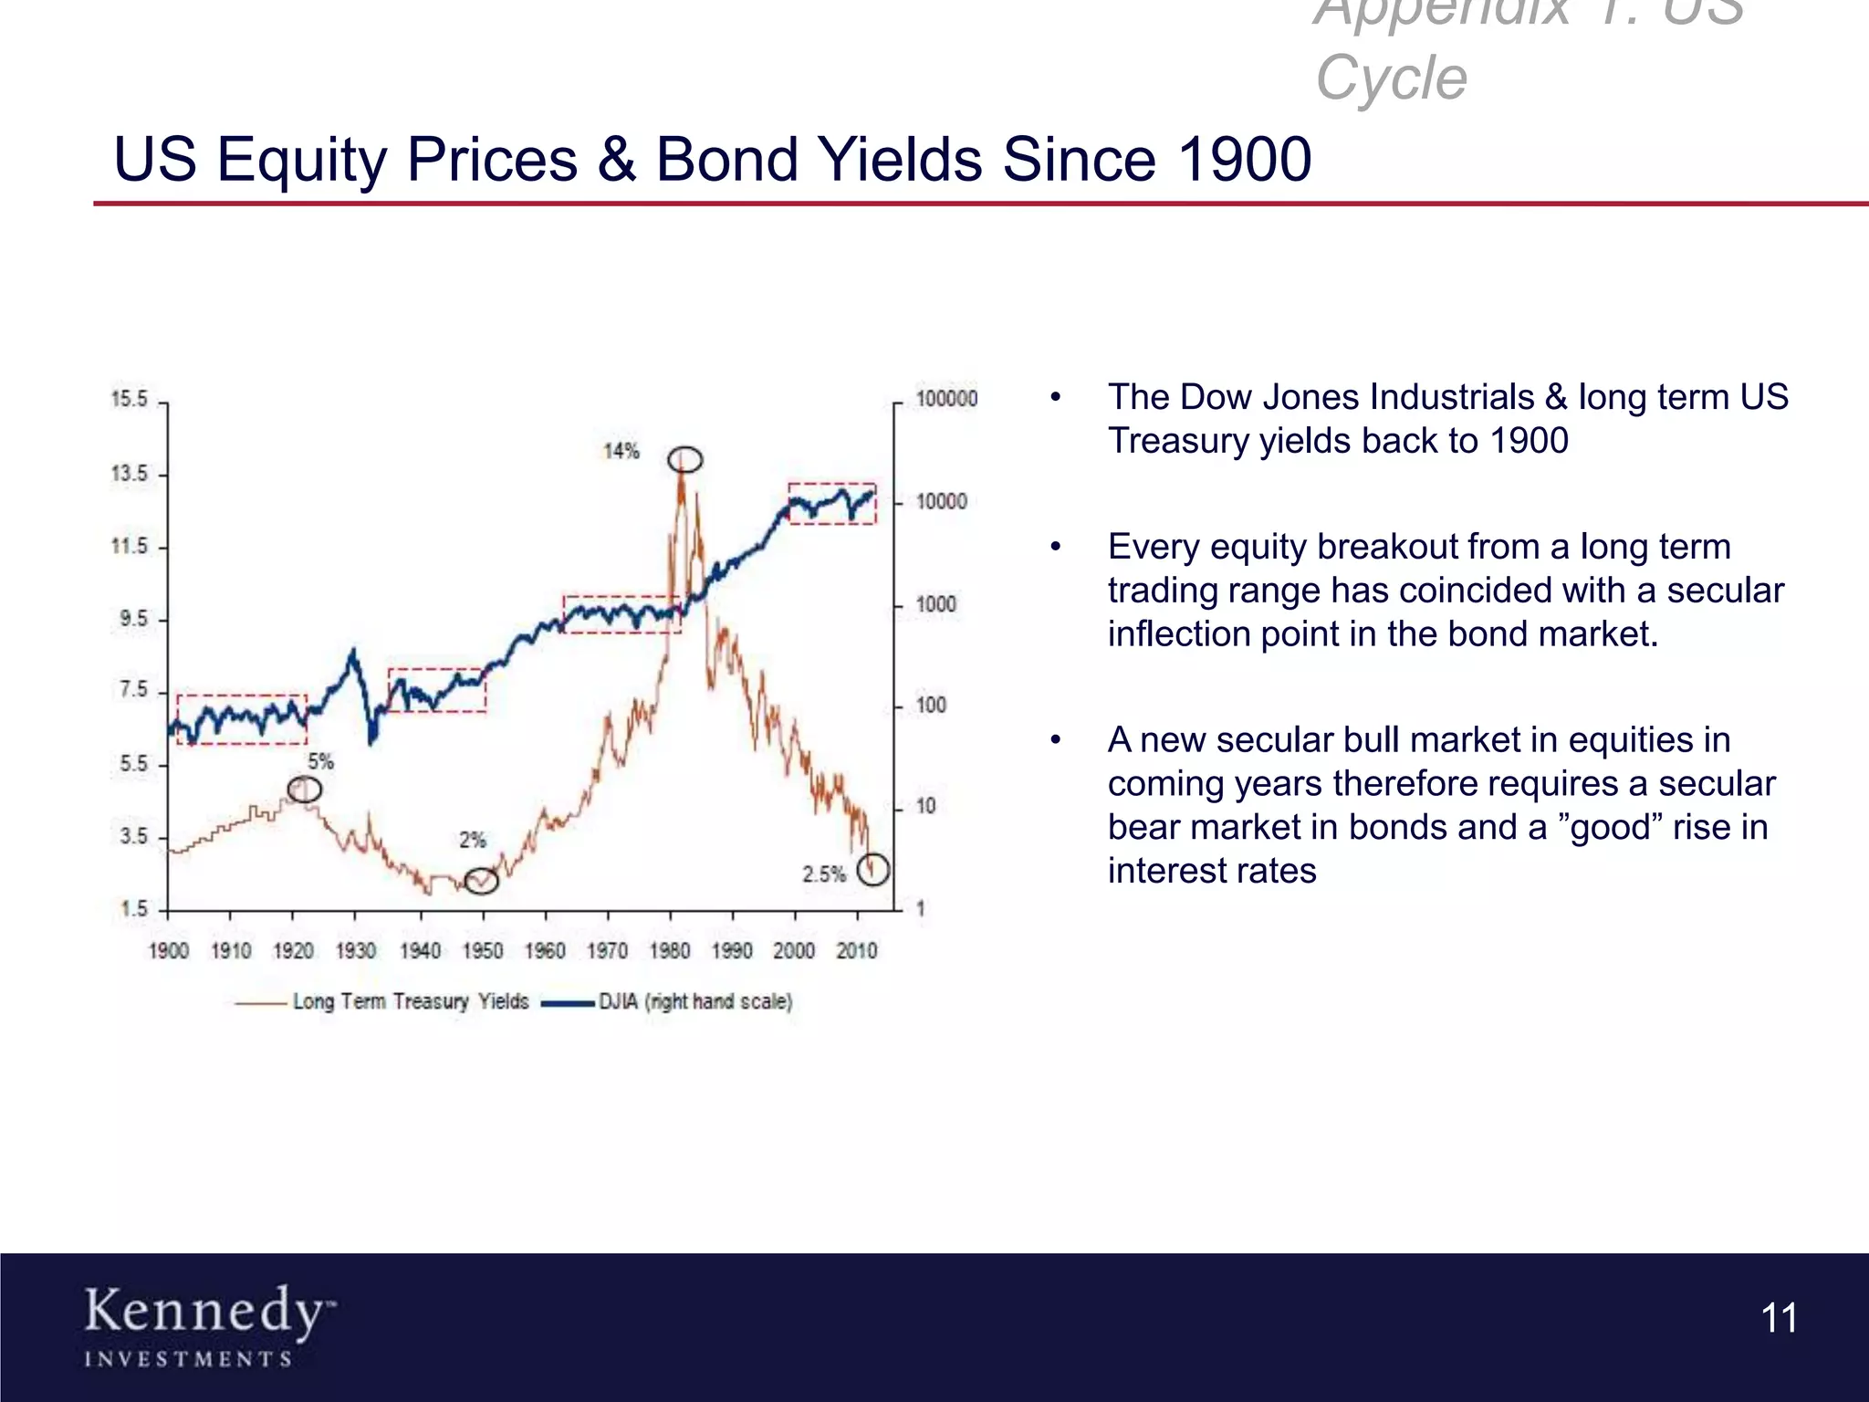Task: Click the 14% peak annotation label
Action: (x=621, y=451)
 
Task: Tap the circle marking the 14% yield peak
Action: (x=684, y=459)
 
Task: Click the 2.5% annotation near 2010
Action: (x=824, y=874)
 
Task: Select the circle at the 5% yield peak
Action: (x=305, y=789)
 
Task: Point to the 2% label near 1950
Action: (x=472, y=840)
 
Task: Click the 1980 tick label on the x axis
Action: (x=669, y=951)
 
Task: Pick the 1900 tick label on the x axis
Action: (x=169, y=951)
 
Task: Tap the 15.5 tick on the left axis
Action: (x=129, y=400)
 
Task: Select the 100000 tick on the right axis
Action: (x=946, y=399)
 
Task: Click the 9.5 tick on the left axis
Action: (x=133, y=619)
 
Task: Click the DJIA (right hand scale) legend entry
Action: (x=694, y=1001)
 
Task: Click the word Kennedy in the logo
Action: (x=203, y=1312)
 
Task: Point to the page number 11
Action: (x=1779, y=1318)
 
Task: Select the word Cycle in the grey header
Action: (x=1391, y=78)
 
